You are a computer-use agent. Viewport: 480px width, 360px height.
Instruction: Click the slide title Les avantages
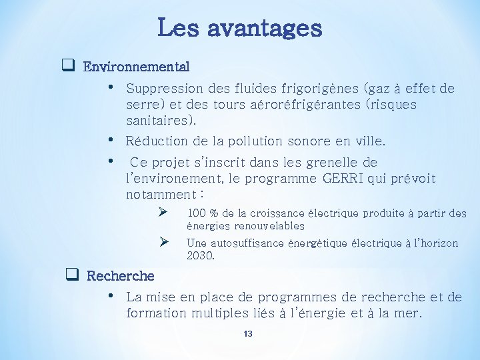pos(240,28)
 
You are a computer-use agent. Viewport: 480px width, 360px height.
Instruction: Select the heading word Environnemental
pos(136,67)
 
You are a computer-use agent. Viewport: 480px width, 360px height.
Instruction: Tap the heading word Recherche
pos(121,275)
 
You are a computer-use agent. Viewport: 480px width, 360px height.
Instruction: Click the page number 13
pos(248,333)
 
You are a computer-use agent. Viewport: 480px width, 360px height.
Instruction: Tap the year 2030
pos(199,255)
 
